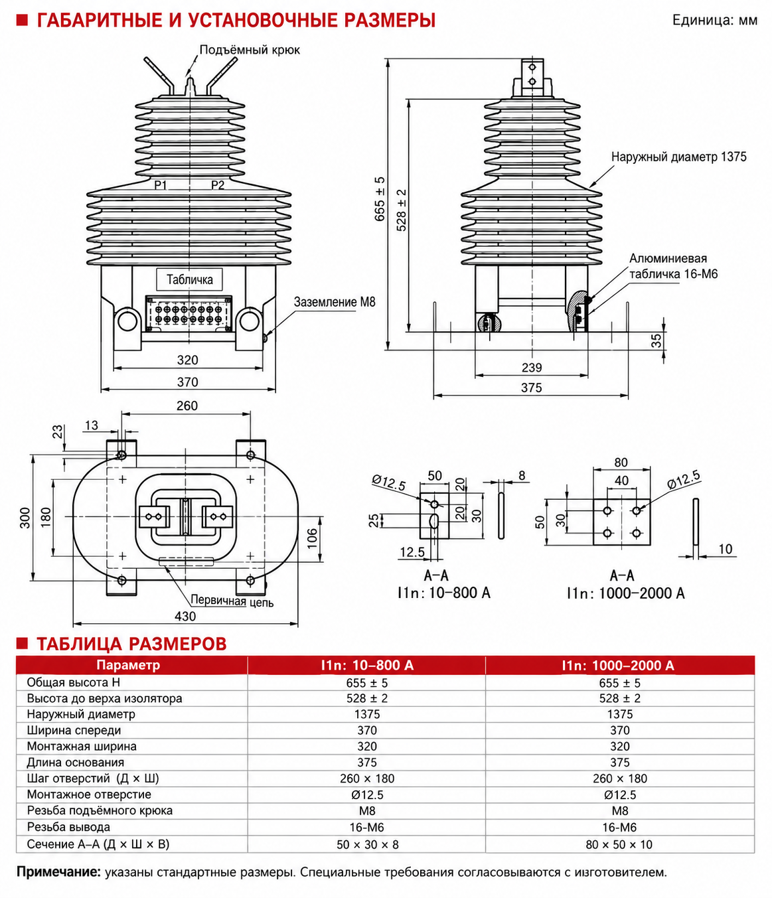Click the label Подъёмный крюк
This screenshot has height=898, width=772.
pos(250,50)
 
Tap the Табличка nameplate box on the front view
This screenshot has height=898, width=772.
pos(189,279)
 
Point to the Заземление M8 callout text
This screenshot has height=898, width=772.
pos(335,302)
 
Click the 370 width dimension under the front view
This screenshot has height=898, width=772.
pos(188,382)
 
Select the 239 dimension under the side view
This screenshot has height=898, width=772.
pos(532,368)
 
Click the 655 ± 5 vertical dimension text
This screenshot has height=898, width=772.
pos(380,198)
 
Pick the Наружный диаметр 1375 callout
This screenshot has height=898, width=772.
pos(678,157)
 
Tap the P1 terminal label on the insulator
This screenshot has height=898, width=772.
pos(161,186)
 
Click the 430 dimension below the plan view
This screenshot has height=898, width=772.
pos(185,616)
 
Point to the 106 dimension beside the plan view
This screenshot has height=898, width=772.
pos(312,538)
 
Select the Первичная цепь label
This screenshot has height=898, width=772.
pos(232,601)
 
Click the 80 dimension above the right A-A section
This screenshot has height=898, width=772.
pos(621,462)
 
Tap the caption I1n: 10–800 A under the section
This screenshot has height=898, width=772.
pos(444,593)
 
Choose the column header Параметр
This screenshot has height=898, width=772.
pos(128,665)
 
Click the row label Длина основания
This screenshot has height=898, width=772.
pos(76,762)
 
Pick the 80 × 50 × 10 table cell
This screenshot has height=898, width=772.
pos(619,844)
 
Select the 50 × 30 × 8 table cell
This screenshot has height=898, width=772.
pos(368,844)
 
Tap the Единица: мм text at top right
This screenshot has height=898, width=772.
pos(715,20)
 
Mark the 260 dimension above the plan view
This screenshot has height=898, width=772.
pos(187,406)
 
